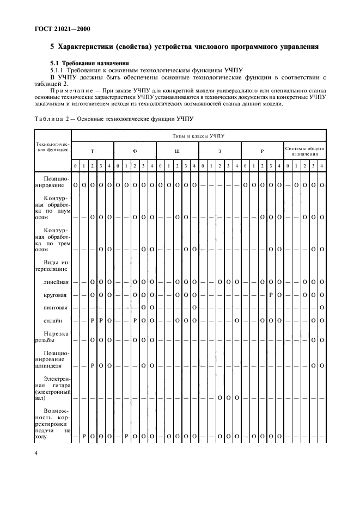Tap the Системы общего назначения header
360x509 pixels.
(x=305, y=151)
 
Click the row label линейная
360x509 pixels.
(x=57, y=282)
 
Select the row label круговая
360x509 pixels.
(x=57, y=295)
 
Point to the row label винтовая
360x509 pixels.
(x=57, y=307)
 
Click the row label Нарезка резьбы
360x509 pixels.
(x=53, y=337)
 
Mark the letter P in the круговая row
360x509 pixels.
(x=270, y=295)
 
